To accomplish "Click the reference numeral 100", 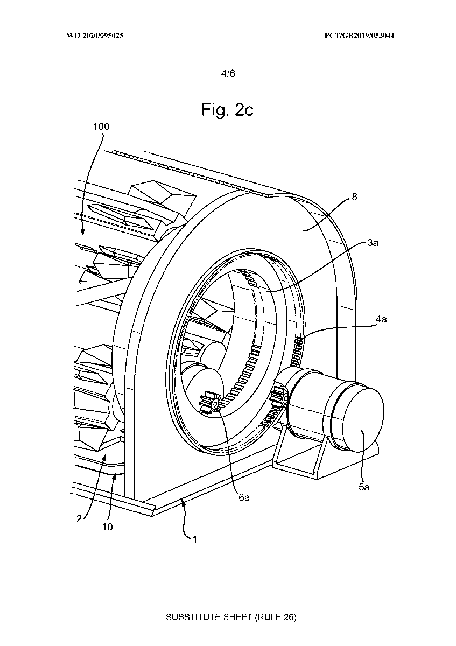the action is tap(101, 127).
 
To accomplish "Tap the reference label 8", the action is tap(354, 196).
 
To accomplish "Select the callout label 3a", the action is tap(373, 243).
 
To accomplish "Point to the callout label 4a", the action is tap(381, 319).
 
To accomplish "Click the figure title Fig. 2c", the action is tap(227, 110).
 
